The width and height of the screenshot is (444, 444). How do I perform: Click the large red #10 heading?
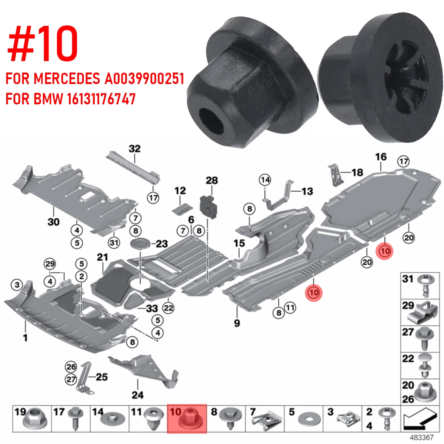coord(43,44)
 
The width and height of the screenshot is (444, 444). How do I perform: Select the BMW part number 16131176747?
coord(102,99)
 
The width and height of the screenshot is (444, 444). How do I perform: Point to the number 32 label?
coord(135,149)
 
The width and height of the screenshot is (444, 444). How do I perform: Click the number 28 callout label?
coord(212,181)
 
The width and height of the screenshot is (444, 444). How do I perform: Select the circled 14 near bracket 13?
coord(265,180)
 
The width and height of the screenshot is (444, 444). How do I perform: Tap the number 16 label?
coord(381,157)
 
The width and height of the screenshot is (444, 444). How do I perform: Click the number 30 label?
coord(53,222)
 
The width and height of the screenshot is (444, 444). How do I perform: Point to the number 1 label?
coord(25,337)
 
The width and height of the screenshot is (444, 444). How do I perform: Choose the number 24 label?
coord(137,395)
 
